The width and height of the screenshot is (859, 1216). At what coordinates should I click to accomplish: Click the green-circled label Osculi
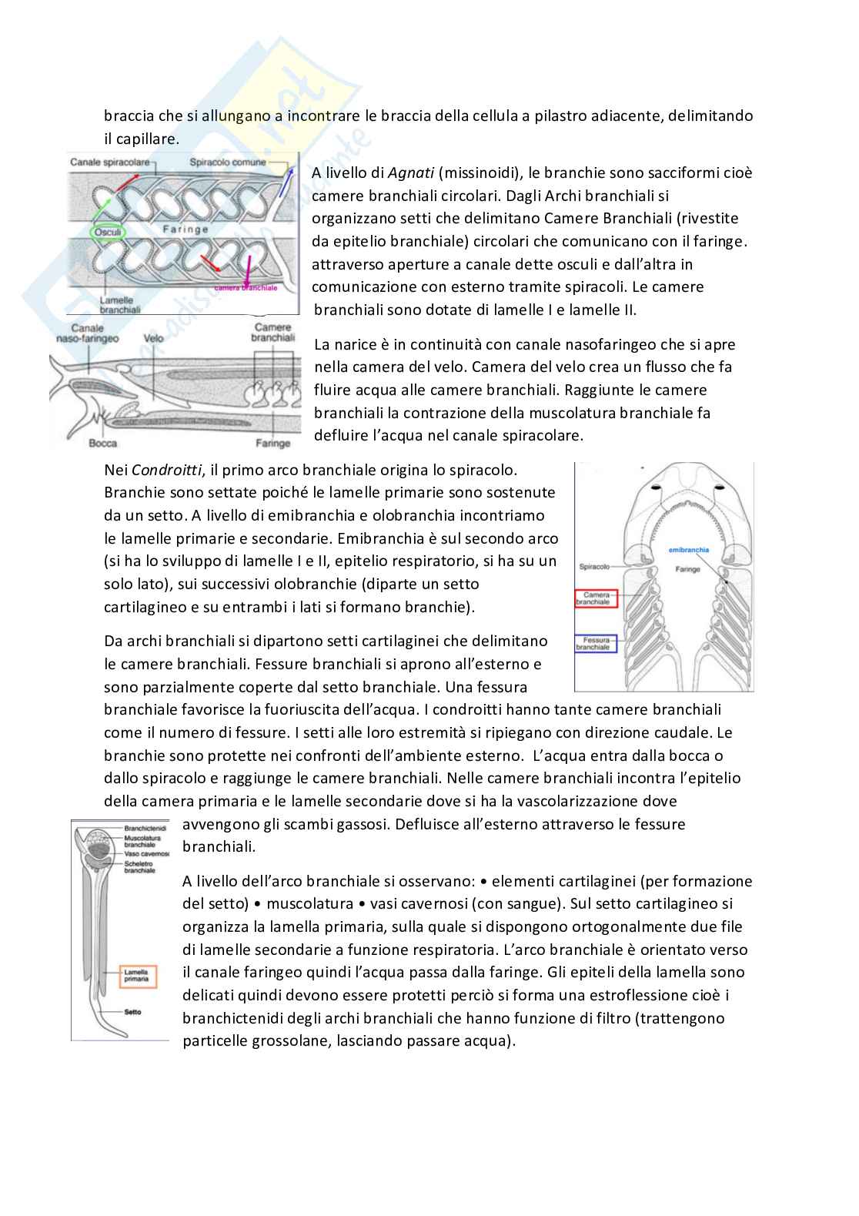tap(107, 231)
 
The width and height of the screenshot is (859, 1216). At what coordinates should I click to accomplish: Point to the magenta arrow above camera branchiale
tap(249, 270)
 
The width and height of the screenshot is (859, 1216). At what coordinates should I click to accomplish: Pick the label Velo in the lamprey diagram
tap(153, 337)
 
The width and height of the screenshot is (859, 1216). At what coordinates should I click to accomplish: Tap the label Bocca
tap(102, 443)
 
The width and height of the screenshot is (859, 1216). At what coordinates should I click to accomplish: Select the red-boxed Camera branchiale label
tap(597, 598)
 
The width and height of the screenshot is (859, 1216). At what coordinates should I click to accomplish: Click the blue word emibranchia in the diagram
tap(689, 550)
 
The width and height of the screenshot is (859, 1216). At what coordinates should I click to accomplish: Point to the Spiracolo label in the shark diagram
tap(593, 566)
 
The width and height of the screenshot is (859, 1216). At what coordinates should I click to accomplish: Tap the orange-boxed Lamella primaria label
tap(138, 976)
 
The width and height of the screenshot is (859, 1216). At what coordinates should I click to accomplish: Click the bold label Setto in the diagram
tap(132, 1011)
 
